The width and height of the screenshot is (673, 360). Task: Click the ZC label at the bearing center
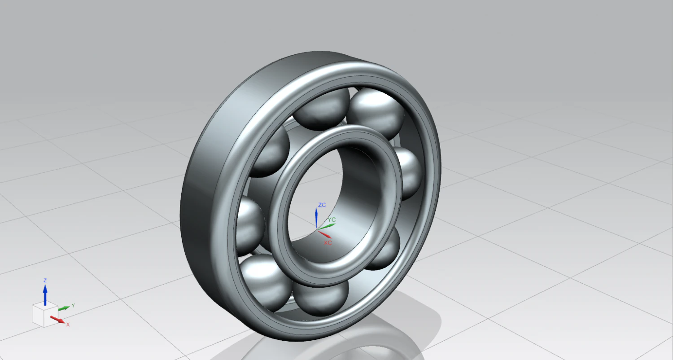click(x=322, y=205)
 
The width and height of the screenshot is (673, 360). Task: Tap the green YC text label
click(x=332, y=220)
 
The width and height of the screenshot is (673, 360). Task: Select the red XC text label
click(x=328, y=242)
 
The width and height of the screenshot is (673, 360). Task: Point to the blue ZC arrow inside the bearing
click(x=316, y=218)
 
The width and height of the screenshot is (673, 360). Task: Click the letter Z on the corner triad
click(x=45, y=280)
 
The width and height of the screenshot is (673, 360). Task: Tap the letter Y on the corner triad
click(x=73, y=305)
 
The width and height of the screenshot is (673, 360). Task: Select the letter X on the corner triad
click(x=68, y=324)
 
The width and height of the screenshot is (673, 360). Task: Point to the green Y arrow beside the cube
click(x=64, y=307)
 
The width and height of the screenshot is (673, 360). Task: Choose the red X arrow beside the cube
click(x=57, y=320)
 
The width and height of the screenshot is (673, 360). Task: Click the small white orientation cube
click(x=44, y=314)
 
